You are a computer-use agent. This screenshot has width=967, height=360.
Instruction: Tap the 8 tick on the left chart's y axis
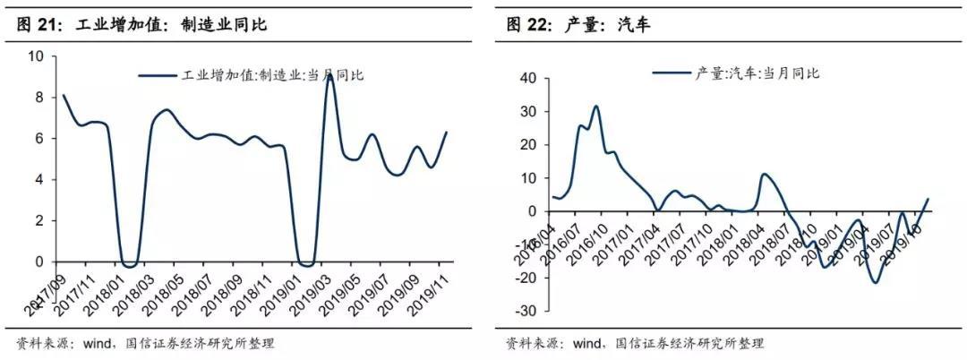tap(39, 98)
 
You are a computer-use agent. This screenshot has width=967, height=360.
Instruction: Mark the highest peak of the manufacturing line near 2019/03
tap(330, 76)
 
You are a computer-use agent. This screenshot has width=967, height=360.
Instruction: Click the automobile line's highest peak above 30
tap(595, 107)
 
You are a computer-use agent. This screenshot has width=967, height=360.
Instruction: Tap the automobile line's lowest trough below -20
tap(874, 283)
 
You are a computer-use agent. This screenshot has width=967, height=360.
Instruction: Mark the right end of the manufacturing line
tap(446, 133)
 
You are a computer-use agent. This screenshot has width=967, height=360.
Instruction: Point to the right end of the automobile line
tap(928, 199)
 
